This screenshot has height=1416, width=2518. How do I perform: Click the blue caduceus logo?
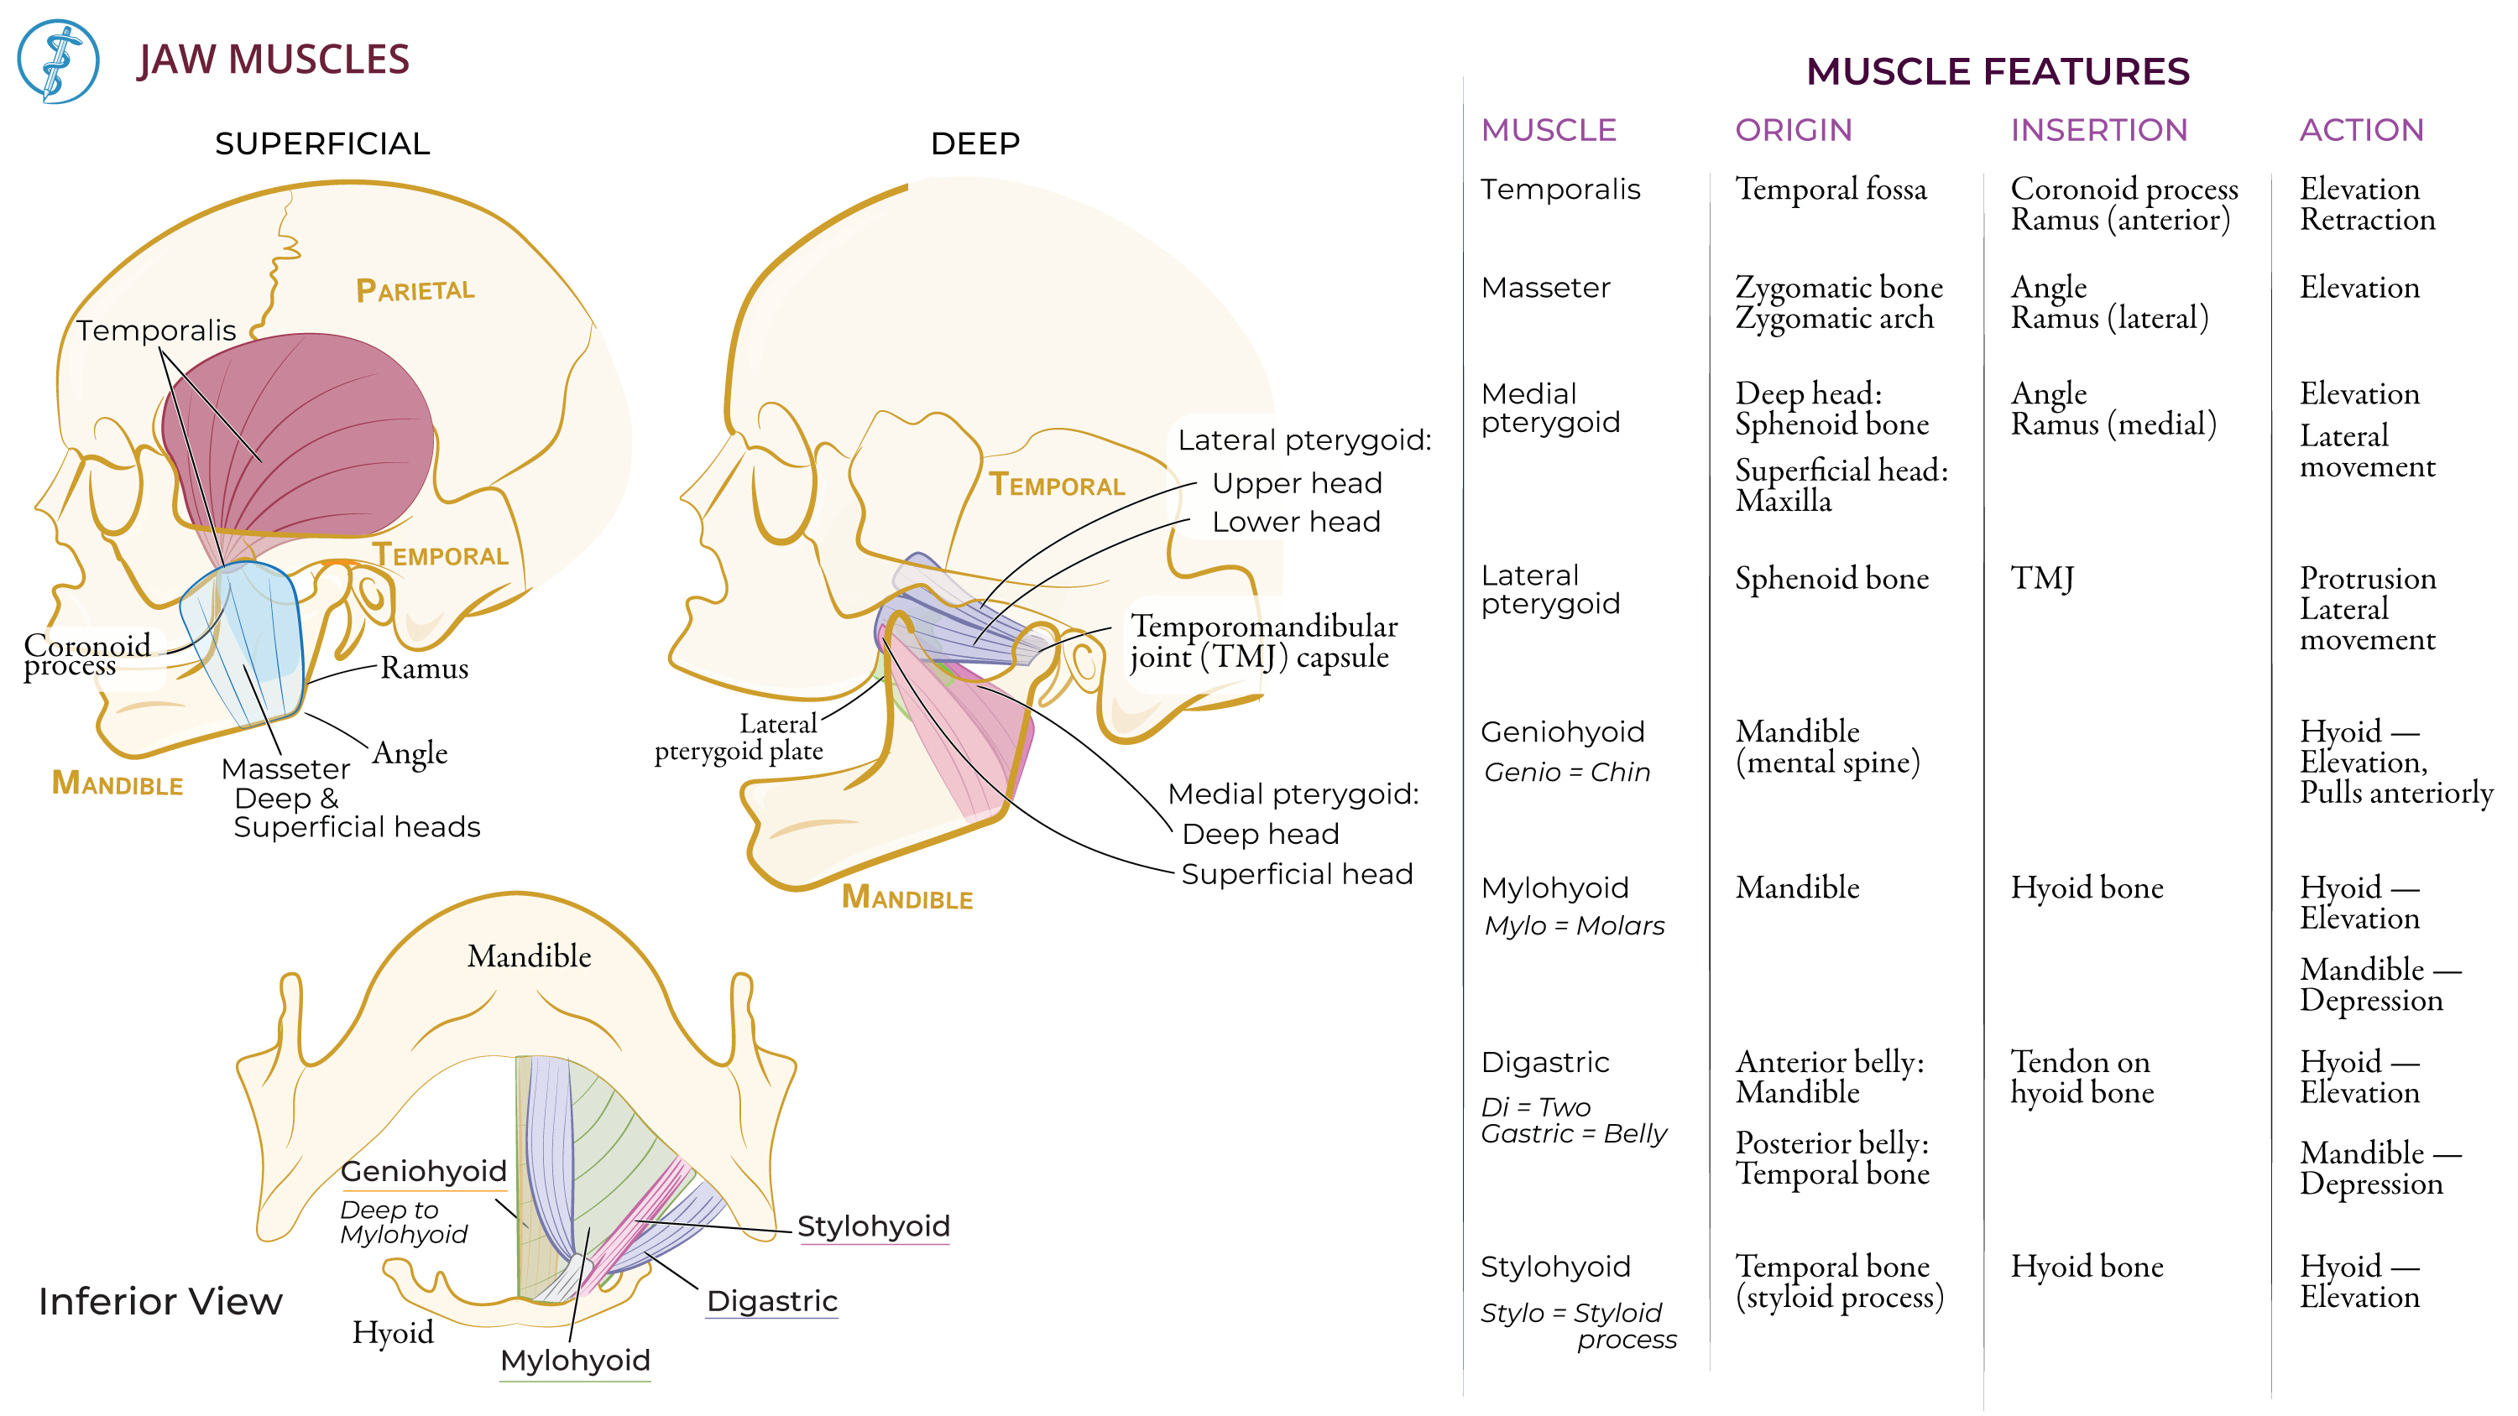click(58, 60)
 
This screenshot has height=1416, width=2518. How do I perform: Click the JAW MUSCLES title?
click(273, 60)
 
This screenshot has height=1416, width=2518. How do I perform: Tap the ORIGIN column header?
click(1793, 130)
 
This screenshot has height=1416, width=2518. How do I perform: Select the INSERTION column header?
click(2097, 130)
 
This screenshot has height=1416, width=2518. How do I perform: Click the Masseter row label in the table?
click(1544, 287)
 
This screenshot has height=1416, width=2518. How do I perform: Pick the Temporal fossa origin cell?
click(1830, 189)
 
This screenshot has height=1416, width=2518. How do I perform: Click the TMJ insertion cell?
click(2041, 579)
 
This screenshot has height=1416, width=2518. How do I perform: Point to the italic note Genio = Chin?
click(1566, 772)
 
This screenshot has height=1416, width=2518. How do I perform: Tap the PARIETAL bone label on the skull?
click(415, 290)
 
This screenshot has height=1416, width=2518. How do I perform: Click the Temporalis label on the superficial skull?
click(156, 331)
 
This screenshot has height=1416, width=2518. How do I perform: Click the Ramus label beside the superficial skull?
click(423, 669)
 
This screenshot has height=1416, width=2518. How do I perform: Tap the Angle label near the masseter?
click(410, 752)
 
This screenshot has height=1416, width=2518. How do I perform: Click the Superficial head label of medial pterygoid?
click(1296, 873)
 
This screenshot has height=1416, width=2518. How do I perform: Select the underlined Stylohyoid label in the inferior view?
click(873, 1226)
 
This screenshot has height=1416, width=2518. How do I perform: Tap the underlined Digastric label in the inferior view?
click(771, 1301)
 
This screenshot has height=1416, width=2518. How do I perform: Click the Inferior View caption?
click(160, 1302)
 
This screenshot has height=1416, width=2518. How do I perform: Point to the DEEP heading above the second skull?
click(974, 143)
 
